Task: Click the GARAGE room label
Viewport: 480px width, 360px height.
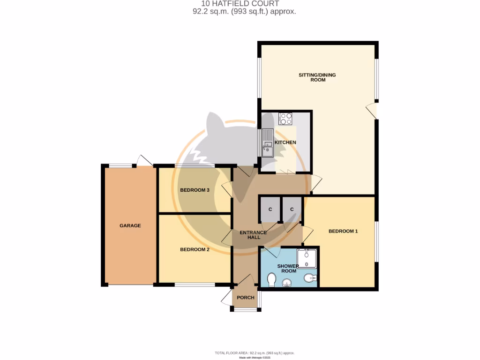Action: click(x=130, y=225)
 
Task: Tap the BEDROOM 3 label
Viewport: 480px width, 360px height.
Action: click(x=195, y=190)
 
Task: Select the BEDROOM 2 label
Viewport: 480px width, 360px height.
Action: click(x=195, y=249)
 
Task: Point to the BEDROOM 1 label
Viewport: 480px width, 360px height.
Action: click(x=343, y=231)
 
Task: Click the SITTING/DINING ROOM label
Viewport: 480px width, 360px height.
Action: click(x=317, y=77)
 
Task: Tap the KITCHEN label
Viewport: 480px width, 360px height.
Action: click(x=285, y=142)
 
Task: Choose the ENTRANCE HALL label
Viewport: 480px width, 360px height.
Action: click(x=253, y=235)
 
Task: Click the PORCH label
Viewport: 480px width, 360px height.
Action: click(x=246, y=298)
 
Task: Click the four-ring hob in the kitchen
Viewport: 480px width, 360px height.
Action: click(x=285, y=119)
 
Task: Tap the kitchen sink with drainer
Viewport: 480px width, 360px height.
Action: click(x=268, y=143)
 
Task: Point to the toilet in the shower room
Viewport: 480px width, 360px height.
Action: click(x=271, y=280)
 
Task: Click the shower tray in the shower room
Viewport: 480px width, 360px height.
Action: click(x=307, y=258)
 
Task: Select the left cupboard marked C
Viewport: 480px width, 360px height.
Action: click(x=270, y=209)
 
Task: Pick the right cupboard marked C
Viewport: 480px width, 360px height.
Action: click(x=292, y=209)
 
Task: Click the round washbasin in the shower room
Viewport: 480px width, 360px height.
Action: click(x=287, y=282)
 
